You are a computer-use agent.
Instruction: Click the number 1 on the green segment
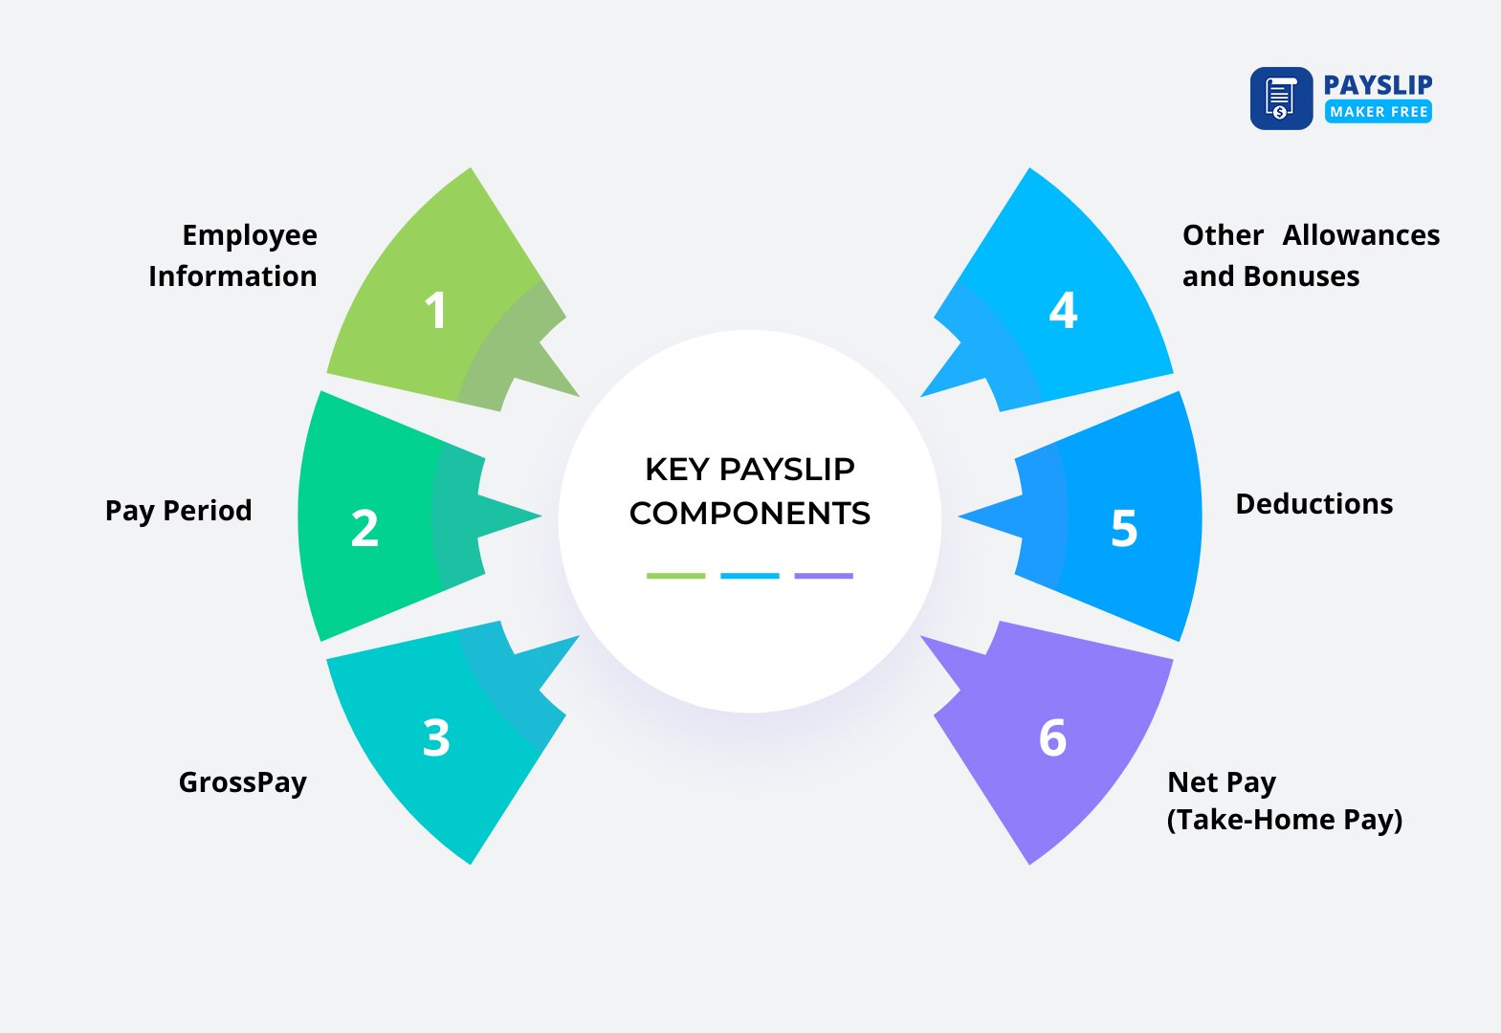[435, 310]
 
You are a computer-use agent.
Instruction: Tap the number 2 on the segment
[364, 528]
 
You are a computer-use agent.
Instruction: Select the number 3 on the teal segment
[436, 737]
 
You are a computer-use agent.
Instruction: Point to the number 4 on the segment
[1063, 310]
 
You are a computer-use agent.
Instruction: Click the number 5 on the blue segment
[1124, 528]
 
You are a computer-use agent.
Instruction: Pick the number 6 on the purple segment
[1052, 737]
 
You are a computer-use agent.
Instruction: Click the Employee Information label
[233, 255]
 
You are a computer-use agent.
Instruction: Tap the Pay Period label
[178, 511]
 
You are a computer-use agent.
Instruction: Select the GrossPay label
[242, 782]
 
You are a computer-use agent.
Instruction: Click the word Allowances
[1360, 235]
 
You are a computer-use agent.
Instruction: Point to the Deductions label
[1313, 504]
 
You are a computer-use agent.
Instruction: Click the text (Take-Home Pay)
[1284, 821]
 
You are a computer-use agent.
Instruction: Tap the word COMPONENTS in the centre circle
[750, 514]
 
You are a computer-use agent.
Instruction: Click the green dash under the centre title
[675, 576]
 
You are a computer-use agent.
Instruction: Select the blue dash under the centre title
[749, 576]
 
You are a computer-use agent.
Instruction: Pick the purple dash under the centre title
[823, 576]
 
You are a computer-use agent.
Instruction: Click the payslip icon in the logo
[1281, 99]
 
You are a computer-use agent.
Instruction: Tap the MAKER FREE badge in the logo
[1378, 112]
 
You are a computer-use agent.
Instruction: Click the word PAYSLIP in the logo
[1378, 84]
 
